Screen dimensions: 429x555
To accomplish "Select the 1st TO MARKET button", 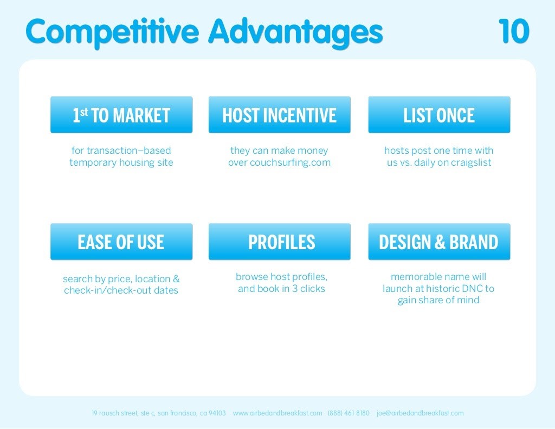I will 121,115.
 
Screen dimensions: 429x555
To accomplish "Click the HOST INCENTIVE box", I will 279,115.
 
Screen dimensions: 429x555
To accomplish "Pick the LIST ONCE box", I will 439,115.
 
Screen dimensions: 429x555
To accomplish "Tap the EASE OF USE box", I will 121,242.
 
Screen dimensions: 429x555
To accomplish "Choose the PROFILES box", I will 279,242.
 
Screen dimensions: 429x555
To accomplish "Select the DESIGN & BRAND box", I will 439,242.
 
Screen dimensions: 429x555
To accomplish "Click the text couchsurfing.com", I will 290,162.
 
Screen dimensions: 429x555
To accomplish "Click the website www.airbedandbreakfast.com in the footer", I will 277,413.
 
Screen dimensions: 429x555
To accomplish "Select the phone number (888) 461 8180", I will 349,413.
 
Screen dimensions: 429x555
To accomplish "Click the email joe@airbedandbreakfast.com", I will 420,413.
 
